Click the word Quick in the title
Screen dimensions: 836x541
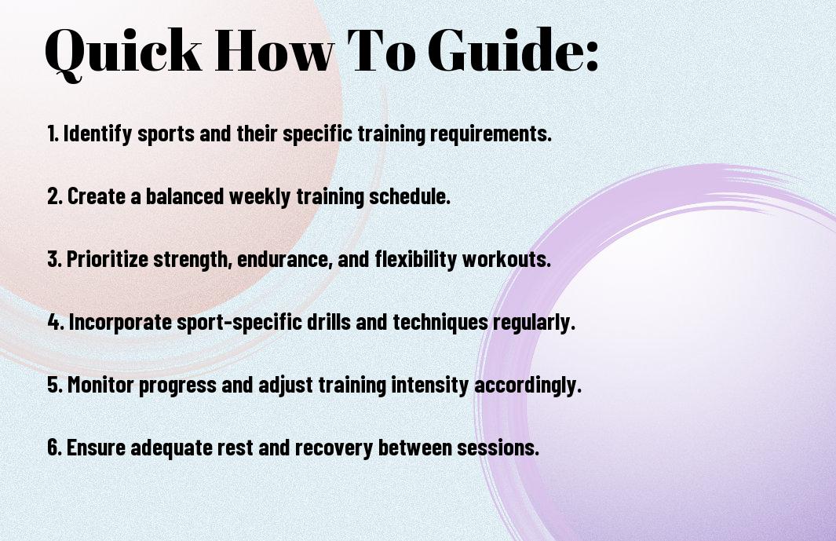click(x=123, y=51)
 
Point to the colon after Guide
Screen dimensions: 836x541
click(x=592, y=56)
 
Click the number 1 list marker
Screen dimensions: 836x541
click(x=53, y=133)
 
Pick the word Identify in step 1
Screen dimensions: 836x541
click(x=97, y=134)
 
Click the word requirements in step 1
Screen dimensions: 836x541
click(x=491, y=134)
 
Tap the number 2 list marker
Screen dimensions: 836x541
click(x=55, y=196)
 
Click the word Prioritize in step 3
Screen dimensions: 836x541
click(x=108, y=259)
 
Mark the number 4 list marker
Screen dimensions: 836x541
click(x=56, y=322)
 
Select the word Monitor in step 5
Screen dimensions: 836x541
click(x=100, y=385)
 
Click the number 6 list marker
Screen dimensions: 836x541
click(x=55, y=447)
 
